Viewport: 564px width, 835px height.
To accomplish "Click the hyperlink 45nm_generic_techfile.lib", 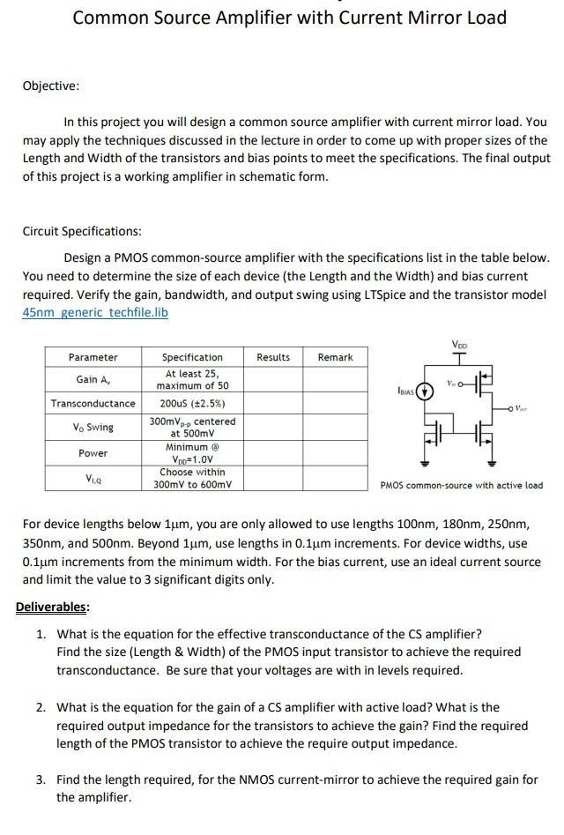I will (x=95, y=312).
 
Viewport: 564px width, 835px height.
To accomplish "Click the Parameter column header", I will (x=93, y=357).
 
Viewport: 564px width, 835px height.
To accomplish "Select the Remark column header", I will (x=335, y=357).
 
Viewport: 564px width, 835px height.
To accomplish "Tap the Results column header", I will (x=273, y=357).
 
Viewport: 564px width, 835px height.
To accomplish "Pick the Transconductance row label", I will (x=93, y=404).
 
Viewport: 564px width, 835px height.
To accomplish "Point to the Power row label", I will (x=93, y=453).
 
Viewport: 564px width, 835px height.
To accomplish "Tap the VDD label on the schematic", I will (x=460, y=345).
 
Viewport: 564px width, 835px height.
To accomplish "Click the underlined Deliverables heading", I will (x=52, y=608).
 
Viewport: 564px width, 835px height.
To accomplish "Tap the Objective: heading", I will (x=50, y=86).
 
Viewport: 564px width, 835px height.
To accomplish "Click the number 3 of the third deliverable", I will (x=41, y=779).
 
